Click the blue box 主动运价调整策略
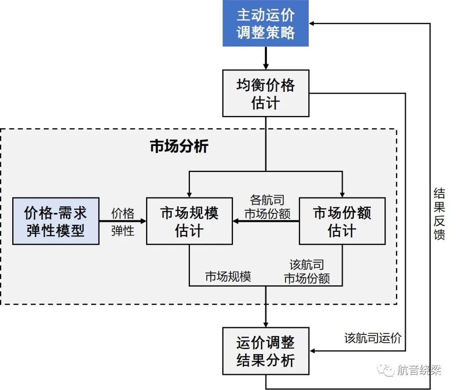[266, 24]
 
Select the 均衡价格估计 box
[266, 93]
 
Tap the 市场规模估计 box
[189, 221]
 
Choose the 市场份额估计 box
[342, 221]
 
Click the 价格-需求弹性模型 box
[56, 221]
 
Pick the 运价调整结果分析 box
[266, 351]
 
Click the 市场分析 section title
[179, 146]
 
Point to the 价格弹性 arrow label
[122, 221]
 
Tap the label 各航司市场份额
[267, 207]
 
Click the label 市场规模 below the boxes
[228, 277]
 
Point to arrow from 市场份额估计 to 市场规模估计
[266, 221]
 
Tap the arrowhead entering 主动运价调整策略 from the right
[312, 24]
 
